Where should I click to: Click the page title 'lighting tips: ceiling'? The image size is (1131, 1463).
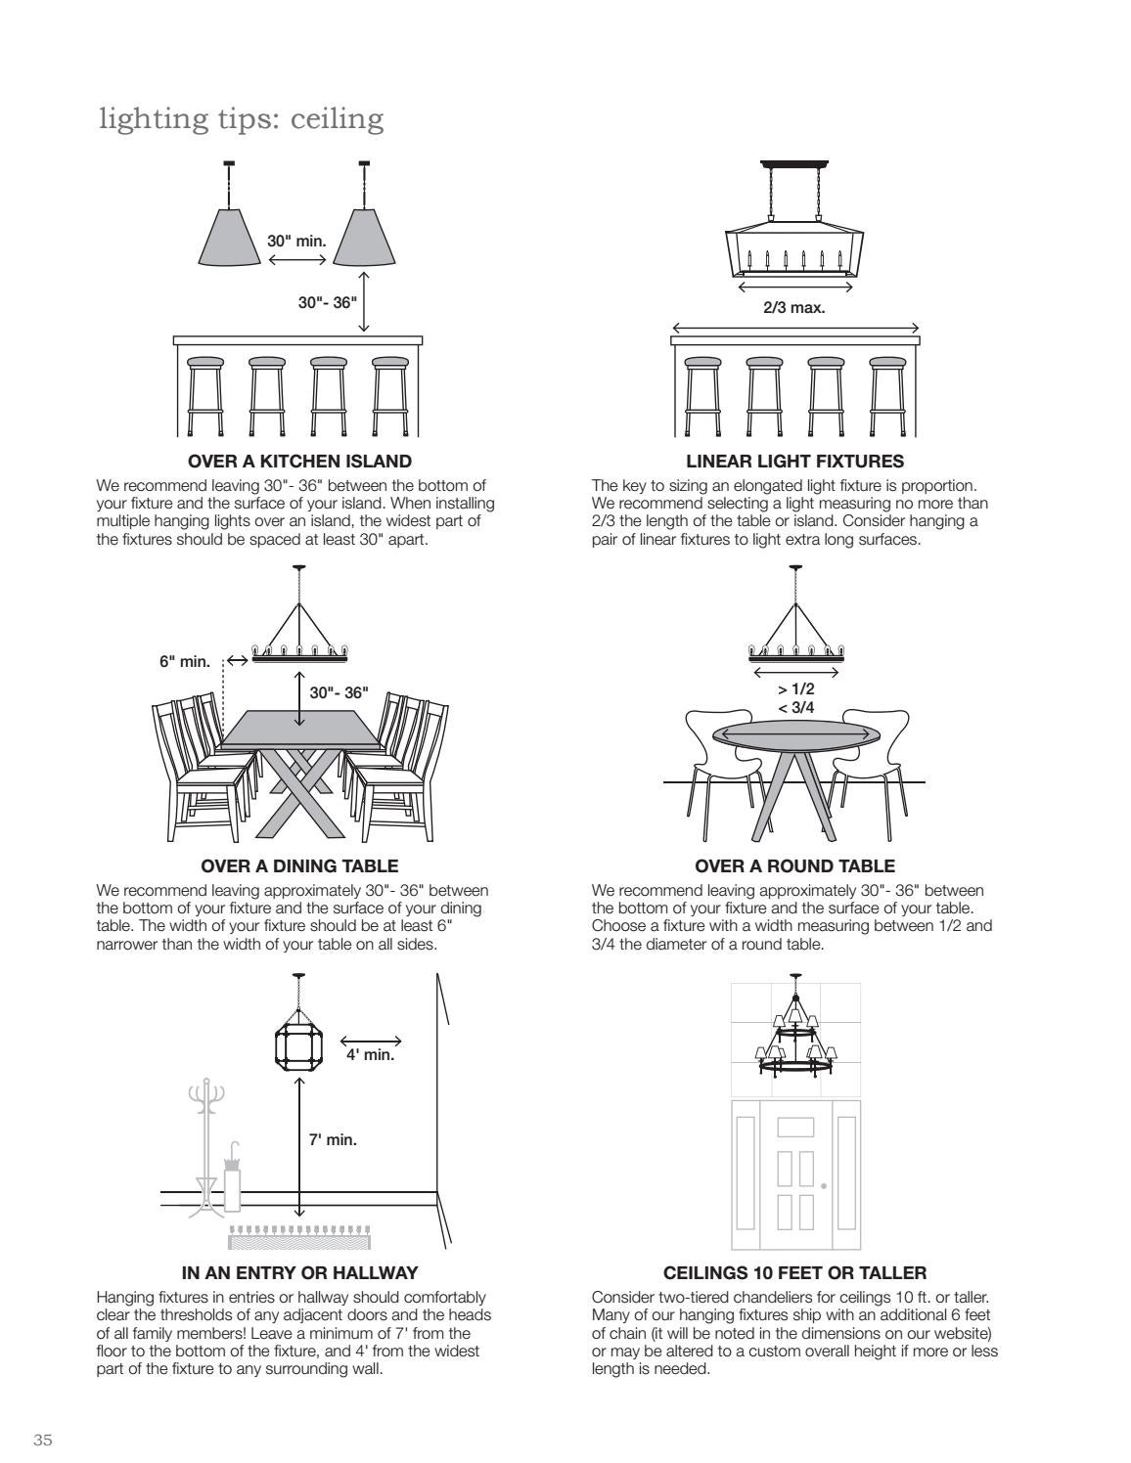[241, 119]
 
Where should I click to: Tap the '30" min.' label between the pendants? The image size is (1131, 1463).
[296, 240]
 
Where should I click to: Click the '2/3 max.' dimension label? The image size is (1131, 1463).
[793, 307]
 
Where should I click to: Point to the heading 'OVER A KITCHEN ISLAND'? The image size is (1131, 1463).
[299, 461]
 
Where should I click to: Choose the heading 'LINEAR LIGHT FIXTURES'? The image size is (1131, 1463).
[794, 461]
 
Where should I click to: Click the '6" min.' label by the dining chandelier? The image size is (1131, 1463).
[185, 661]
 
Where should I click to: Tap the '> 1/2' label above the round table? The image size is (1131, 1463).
[795, 688]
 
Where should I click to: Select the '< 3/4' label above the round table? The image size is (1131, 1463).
[795, 707]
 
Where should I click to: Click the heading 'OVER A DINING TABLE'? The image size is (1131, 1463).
[299, 865]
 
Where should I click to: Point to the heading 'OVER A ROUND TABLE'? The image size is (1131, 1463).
[794, 865]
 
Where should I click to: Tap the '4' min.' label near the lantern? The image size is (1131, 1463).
[370, 1055]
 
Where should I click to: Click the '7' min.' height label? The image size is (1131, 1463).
[333, 1139]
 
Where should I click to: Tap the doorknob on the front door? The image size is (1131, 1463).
[824, 1185]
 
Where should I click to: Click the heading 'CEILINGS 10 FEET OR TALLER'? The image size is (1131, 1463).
[794, 1272]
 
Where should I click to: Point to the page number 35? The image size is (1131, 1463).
[43, 1413]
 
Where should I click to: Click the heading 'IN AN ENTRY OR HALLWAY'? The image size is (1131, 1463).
[299, 1272]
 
